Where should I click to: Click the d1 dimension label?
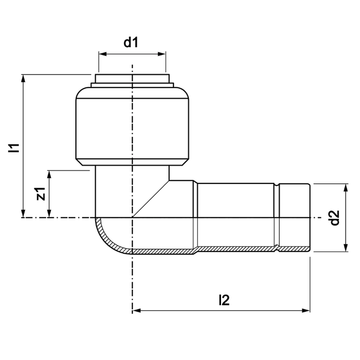(131, 43)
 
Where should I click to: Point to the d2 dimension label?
(333, 218)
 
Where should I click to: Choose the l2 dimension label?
(223, 300)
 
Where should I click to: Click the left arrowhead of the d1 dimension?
(102, 54)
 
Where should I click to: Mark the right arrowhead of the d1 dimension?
(163, 54)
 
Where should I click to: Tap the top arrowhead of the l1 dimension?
(23, 78)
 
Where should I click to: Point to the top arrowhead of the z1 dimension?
(50, 174)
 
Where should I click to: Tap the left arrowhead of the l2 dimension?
(136, 311)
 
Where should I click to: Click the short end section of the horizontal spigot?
(294, 217)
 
